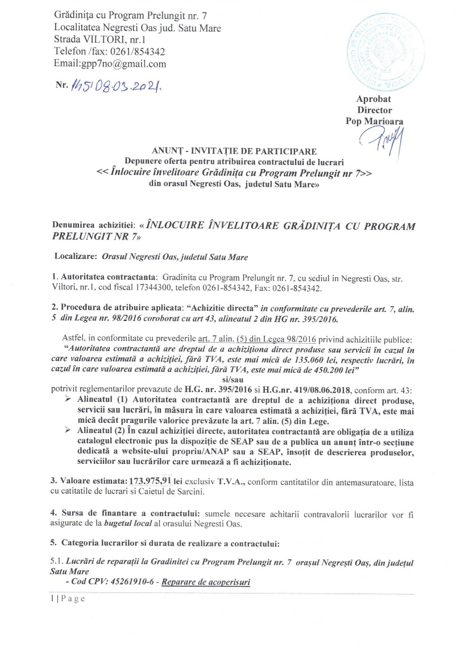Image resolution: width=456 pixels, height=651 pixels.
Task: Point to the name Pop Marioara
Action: click(374, 121)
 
